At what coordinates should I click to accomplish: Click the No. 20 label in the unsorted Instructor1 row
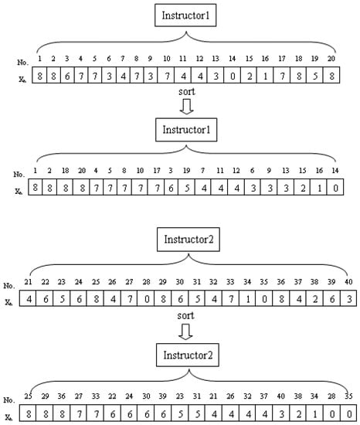331,58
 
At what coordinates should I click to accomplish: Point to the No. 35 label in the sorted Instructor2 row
350,396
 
